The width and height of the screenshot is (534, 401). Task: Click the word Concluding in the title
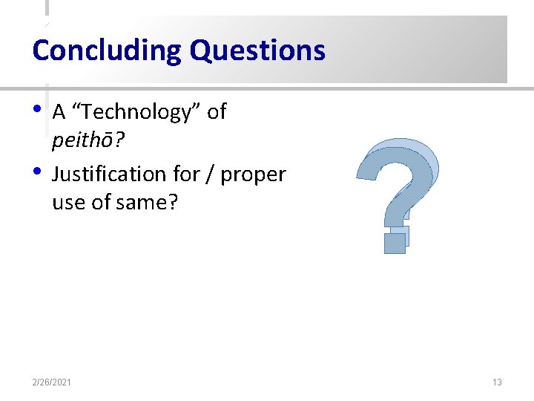pyautogui.click(x=108, y=50)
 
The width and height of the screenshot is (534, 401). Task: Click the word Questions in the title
pyautogui.click(x=257, y=50)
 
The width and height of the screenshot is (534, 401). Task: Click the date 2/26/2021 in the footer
pyautogui.click(x=52, y=382)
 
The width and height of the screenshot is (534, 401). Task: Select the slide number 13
pyautogui.click(x=497, y=382)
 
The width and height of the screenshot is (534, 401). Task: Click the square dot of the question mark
pyautogui.click(x=396, y=241)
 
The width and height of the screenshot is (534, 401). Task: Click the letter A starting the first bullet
pyautogui.click(x=59, y=112)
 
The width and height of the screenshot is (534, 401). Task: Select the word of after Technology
pyautogui.click(x=217, y=112)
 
